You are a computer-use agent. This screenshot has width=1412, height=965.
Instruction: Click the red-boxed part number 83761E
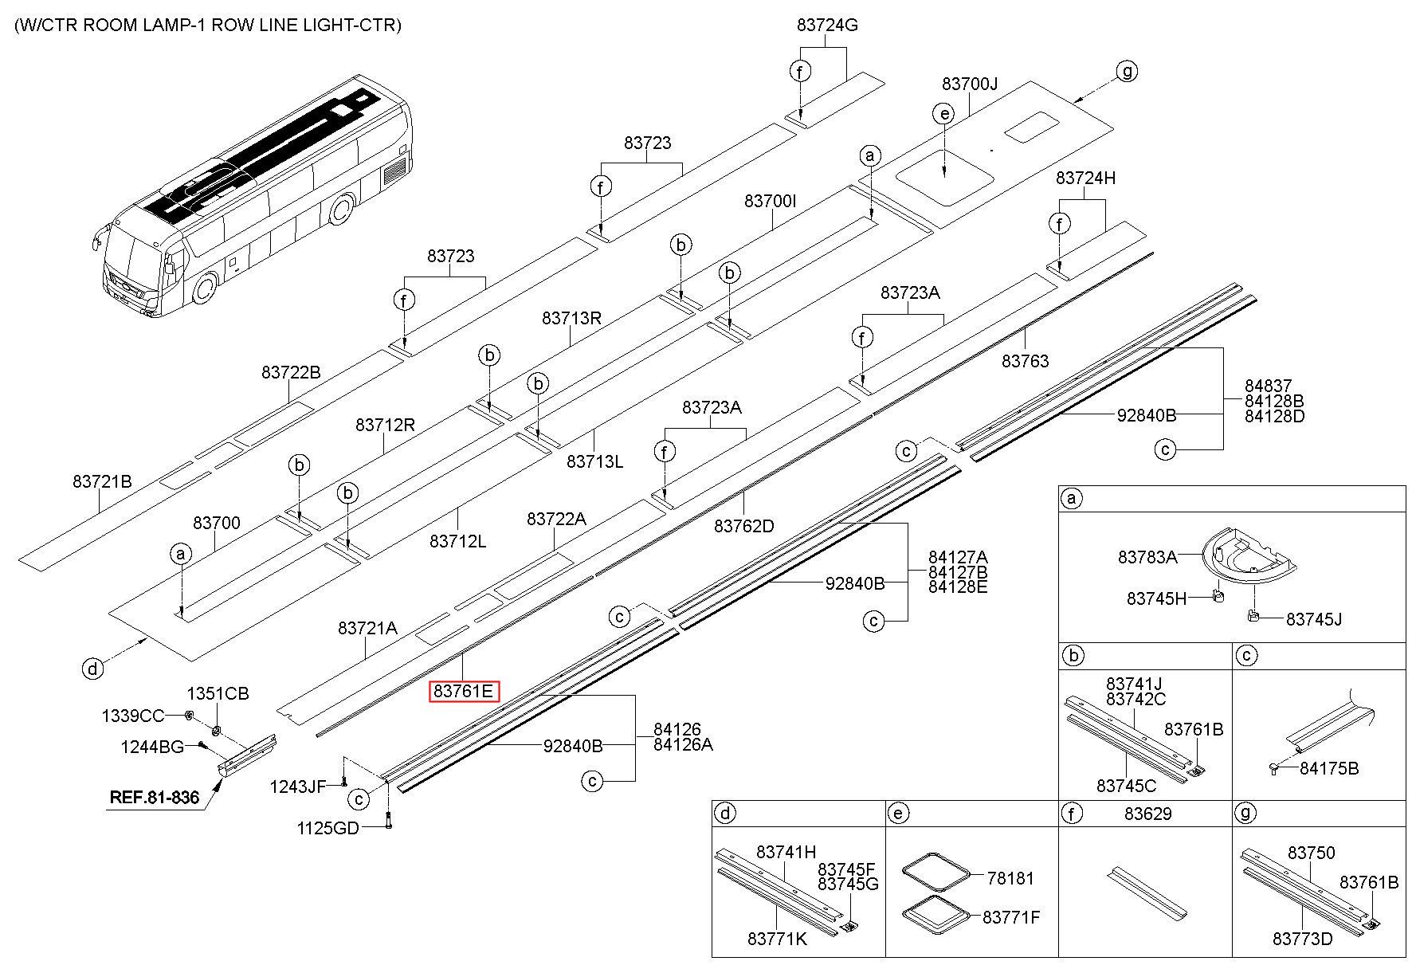465,691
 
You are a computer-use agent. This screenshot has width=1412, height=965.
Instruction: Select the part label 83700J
970,84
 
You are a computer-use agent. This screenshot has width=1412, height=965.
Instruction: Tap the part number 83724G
827,25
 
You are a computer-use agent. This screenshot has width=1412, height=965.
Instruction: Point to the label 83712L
457,541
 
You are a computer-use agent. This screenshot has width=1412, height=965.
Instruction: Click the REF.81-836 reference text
154,796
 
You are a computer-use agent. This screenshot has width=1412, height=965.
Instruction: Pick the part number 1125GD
328,828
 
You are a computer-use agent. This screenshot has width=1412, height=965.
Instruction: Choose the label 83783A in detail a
1147,557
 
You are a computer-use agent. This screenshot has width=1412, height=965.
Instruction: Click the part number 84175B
1329,768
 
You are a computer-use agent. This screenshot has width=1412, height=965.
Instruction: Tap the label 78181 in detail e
1010,878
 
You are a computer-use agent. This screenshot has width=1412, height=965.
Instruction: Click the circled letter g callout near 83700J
1127,71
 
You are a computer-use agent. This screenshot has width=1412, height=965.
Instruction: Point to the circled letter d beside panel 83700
93,668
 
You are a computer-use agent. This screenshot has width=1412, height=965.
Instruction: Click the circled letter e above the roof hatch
944,114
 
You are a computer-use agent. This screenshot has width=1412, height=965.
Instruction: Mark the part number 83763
1026,361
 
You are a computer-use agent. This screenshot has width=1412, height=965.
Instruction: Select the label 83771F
1011,917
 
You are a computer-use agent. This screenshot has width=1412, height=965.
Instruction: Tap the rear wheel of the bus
341,210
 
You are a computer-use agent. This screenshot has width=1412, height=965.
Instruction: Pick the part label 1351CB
218,693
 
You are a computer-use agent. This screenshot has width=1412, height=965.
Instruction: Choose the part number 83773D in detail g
1302,939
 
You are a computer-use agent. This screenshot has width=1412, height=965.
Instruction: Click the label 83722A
556,519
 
